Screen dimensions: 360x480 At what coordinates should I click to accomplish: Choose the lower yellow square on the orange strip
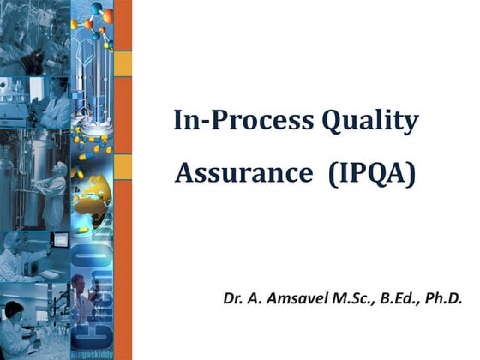[123, 165]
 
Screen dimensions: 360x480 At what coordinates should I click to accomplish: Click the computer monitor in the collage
[60, 240]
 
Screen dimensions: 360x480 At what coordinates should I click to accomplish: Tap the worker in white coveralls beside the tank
[56, 189]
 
